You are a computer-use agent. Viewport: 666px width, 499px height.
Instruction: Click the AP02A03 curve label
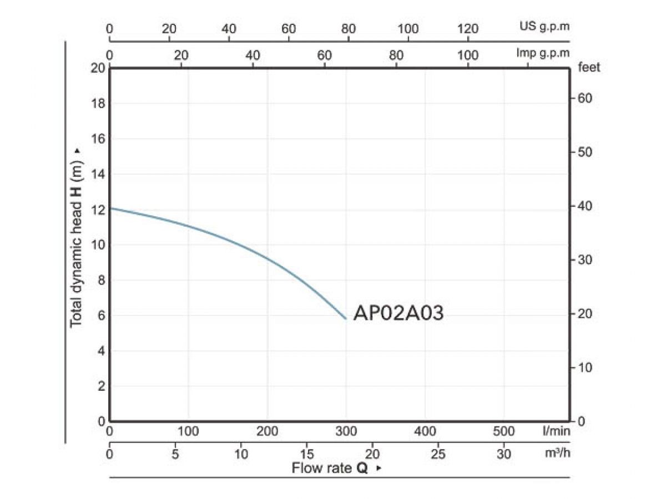tap(398, 314)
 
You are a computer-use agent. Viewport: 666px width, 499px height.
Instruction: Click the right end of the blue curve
tap(346, 319)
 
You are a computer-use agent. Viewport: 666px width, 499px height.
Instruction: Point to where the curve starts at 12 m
tap(110, 208)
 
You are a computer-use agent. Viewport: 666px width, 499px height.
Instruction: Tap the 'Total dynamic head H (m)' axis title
tap(77, 237)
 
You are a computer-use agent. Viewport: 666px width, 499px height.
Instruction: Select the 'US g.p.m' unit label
tap(544, 26)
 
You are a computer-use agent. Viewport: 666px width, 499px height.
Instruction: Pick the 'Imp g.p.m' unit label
tap(542, 53)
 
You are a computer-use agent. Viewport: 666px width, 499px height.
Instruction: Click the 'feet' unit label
tap(589, 68)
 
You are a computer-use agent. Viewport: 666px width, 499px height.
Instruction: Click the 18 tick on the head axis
tap(98, 104)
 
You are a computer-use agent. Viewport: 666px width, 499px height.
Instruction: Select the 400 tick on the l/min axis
tap(426, 431)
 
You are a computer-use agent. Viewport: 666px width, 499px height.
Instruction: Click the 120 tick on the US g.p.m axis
tap(468, 29)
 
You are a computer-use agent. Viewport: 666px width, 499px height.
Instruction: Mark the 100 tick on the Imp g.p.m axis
tap(468, 55)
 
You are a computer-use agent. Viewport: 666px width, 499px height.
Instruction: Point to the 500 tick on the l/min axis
tap(504, 431)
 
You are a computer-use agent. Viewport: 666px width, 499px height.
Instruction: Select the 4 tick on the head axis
tap(100, 351)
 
